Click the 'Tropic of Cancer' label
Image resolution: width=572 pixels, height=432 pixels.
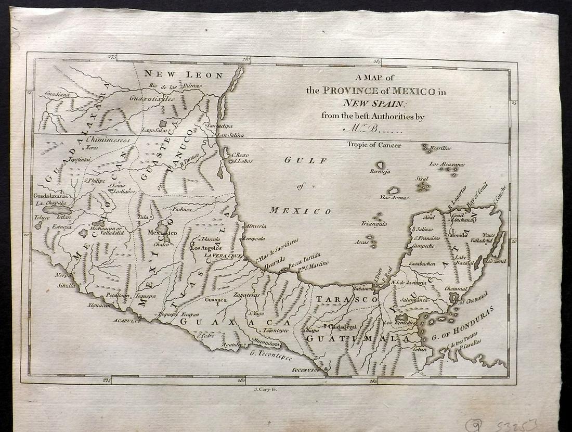[374, 145]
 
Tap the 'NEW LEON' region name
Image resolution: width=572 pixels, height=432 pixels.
[184, 75]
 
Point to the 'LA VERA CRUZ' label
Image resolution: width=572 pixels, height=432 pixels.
[224, 256]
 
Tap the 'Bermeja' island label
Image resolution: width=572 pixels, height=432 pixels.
[380, 172]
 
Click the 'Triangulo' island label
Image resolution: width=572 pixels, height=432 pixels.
[374, 224]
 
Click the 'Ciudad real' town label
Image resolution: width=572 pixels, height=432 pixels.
[341, 327]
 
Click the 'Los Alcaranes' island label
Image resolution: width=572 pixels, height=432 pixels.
[447, 164]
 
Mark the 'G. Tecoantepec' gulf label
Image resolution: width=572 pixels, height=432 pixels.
[270, 356]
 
